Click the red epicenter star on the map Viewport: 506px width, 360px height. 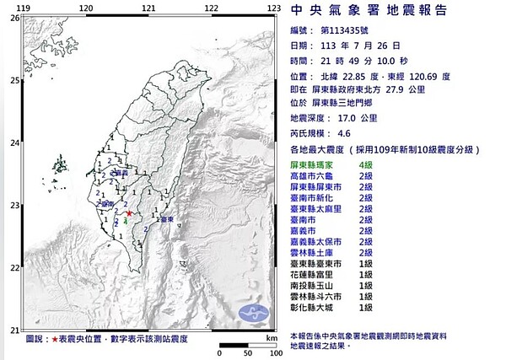point(127,214)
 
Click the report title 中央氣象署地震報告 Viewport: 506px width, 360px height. point(364,11)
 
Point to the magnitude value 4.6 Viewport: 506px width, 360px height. point(343,132)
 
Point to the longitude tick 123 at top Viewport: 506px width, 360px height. point(272,8)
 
